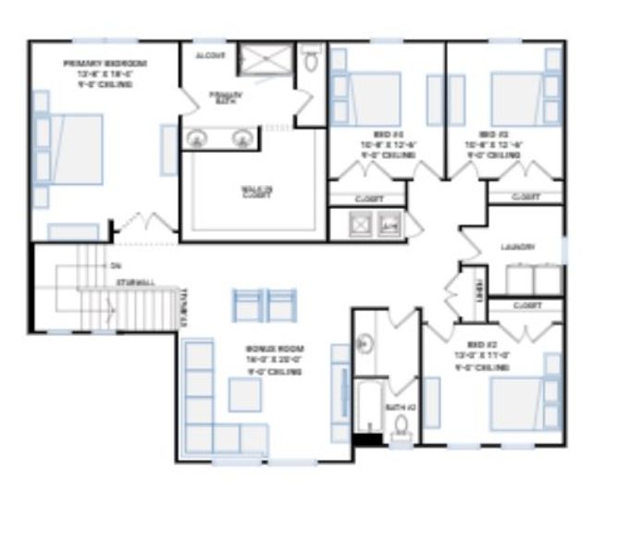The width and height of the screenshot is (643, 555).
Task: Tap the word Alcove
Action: point(210,55)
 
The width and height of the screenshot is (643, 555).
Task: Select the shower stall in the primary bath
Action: point(265,61)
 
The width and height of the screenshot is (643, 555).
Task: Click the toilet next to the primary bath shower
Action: point(310,61)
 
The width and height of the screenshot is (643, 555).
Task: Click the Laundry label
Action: point(518,247)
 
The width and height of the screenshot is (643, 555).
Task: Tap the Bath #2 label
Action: point(399,407)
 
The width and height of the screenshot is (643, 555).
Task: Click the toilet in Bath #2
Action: point(402,427)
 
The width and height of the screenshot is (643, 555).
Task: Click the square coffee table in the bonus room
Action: point(245,395)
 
